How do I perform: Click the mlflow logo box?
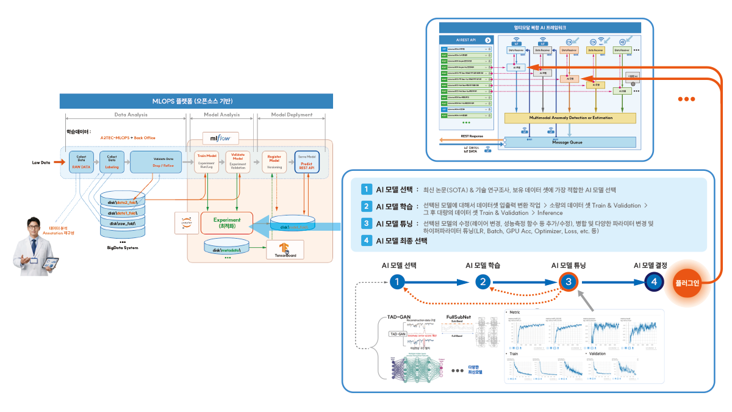[220, 138]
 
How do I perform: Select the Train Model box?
[207, 162]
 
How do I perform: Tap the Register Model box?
[274, 162]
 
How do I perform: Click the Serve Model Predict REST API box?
[307, 162]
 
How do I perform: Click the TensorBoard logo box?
[281, 250]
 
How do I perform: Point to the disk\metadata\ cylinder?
[226, 248]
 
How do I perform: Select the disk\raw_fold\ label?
[127, 223]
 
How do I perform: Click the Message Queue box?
[567, 142]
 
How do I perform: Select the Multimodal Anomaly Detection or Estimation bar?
[570, 117]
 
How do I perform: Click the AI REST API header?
[467, 39]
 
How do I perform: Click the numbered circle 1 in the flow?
[397, 282]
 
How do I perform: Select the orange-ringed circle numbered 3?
[568, 282]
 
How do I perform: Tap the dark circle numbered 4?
[654, 282]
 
